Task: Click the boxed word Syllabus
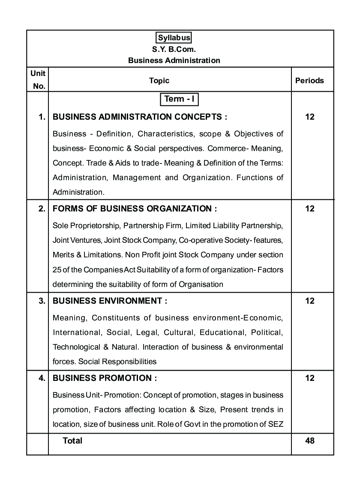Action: [174, 38]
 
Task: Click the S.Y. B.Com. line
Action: [174, 49]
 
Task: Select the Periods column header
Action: [309, 81]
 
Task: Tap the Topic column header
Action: [159, 81]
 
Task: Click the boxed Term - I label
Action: [180, 99]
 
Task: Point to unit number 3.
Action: [42, 301]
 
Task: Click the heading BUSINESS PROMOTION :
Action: [105, 378]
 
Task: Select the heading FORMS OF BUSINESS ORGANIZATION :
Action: [135, 209]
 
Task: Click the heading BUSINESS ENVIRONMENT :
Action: [110, 301]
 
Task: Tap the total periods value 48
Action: [310, 441]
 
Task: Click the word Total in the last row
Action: [72, 441]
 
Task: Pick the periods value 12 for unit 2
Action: [310, 209]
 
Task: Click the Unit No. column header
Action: [39, 80]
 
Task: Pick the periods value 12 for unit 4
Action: [310, 378]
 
